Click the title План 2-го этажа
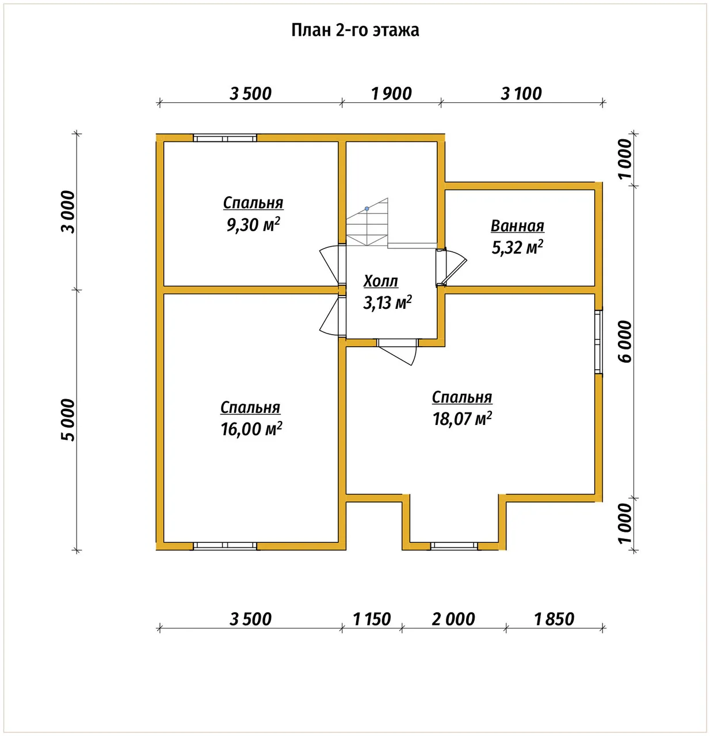355,30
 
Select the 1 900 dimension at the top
391,94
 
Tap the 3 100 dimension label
521,94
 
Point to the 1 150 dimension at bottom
372,619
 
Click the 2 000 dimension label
453,619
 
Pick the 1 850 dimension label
554,619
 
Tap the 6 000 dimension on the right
625,342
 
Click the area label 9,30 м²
253,225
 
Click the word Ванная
517,226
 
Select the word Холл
381,281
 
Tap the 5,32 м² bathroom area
517,248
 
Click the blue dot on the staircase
367,209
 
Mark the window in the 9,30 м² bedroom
225,138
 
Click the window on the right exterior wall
598,342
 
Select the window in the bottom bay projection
454,546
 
